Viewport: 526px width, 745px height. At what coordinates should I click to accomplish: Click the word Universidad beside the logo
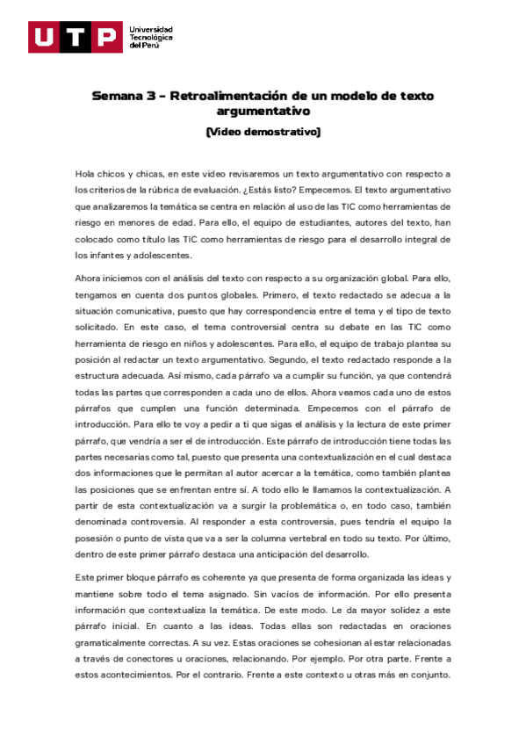[151, 29]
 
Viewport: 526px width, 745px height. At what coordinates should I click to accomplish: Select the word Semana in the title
[118, 96]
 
